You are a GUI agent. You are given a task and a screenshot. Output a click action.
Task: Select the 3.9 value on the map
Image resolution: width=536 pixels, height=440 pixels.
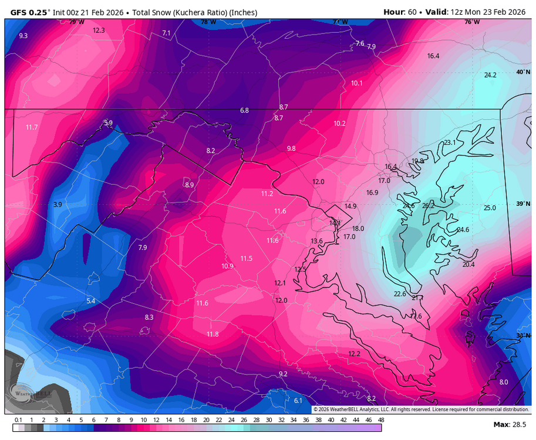pos(58,204)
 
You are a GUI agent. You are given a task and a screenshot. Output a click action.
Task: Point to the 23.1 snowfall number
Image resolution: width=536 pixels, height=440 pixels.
pos(450,143)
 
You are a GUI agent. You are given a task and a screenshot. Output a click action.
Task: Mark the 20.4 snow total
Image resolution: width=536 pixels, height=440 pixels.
pos(468,265)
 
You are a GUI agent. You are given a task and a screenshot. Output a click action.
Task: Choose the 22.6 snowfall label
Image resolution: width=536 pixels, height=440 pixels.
pos(400,294)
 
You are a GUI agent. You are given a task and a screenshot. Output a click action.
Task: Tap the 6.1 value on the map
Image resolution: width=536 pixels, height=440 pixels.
pos(298,401)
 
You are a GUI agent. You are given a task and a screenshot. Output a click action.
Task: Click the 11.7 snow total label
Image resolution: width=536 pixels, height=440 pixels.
pos(32,127)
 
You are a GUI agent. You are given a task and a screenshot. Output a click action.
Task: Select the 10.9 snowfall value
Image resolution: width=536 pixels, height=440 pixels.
pos(227,266)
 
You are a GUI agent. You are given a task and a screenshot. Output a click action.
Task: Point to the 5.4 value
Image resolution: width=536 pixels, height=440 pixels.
pos(90,301)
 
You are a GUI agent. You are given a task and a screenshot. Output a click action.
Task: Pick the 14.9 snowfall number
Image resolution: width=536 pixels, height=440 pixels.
pos(350,206)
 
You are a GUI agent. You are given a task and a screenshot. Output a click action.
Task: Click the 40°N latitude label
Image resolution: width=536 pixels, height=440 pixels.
pos(522,72)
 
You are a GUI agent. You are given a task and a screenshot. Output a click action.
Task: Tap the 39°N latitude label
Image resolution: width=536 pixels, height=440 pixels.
pos(522,204)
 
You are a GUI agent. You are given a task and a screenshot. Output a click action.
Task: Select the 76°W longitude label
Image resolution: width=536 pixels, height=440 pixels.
pos(470,22)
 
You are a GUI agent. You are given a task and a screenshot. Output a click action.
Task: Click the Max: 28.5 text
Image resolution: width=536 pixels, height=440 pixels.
pos(510,424)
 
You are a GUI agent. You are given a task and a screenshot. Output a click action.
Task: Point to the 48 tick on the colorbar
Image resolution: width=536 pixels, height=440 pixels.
pos(380,421)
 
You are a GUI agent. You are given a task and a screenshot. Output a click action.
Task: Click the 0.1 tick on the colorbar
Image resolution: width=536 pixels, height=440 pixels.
pos(18,421)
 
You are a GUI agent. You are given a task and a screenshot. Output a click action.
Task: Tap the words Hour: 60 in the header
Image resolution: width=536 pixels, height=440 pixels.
pos(403,12)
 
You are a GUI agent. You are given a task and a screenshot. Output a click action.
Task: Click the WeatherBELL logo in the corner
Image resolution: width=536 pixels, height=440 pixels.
pos(32,393)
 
